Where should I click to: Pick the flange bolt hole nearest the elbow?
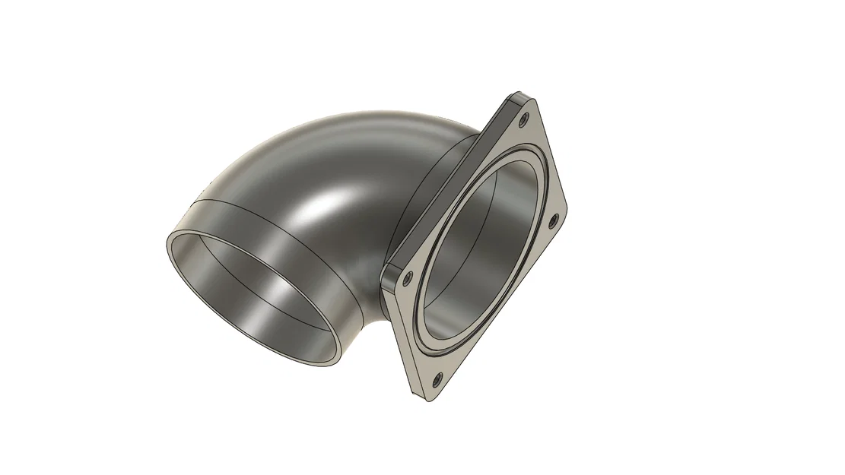click(x=408, y=279)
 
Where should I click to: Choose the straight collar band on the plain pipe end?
click(x=251, y=228)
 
